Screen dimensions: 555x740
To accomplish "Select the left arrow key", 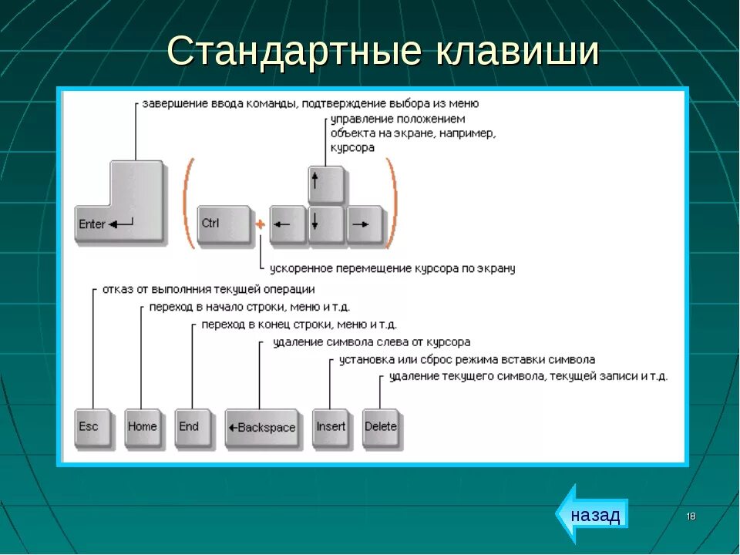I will click(288, 224).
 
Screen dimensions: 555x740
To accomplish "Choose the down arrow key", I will click(325, 224).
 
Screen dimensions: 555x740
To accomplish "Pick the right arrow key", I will click(364, 224).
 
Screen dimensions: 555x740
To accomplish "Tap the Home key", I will click(142, 428).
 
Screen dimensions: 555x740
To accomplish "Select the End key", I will click(191, 428).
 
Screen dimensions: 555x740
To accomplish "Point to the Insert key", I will click(331, 428).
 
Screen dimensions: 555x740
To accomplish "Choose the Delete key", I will click(381, 428).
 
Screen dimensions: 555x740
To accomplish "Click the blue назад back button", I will click(593, 514).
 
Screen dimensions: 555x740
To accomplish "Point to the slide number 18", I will click(691, 516).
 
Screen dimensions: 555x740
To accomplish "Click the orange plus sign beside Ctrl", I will click(260, 224).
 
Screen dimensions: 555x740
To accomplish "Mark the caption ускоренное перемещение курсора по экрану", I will click(392, 269).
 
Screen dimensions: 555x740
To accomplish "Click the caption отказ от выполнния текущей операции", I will click(208, 289).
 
